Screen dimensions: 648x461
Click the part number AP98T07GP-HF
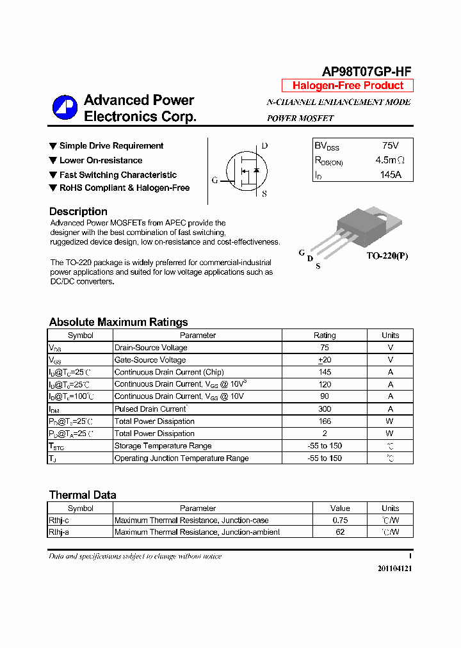point(366,72)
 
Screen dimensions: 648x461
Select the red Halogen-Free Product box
point(348,86)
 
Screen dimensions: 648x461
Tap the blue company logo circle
point(65,108)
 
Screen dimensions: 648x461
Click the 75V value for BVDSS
point(390,146)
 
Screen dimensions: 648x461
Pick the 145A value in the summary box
point(390,174)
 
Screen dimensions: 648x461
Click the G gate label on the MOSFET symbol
point(215,181)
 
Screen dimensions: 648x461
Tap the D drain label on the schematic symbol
point(264,146)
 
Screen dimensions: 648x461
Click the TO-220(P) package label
point(387,256)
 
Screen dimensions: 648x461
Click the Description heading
point(78,211)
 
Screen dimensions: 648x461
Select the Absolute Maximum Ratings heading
point(118,322)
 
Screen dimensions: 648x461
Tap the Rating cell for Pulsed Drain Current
point(325,409)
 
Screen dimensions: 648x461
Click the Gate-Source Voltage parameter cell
point(150,360)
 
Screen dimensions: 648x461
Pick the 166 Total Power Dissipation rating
point(325,421)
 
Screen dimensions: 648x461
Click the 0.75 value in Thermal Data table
point(340,521)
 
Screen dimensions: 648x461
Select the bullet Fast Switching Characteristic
point(118,175)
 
